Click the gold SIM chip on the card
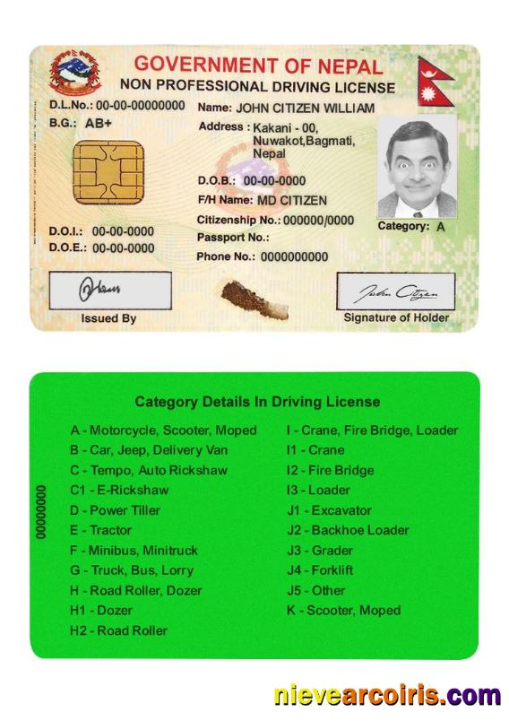108,172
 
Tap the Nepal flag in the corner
436,82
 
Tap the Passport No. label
232,238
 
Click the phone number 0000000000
294,256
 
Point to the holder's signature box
395,291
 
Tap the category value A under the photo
440,227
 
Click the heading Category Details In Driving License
257,402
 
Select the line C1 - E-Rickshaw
119,490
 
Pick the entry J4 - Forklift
320,570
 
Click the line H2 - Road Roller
118,630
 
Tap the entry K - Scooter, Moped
343,611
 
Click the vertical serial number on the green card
41,511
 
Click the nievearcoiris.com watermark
387,696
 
